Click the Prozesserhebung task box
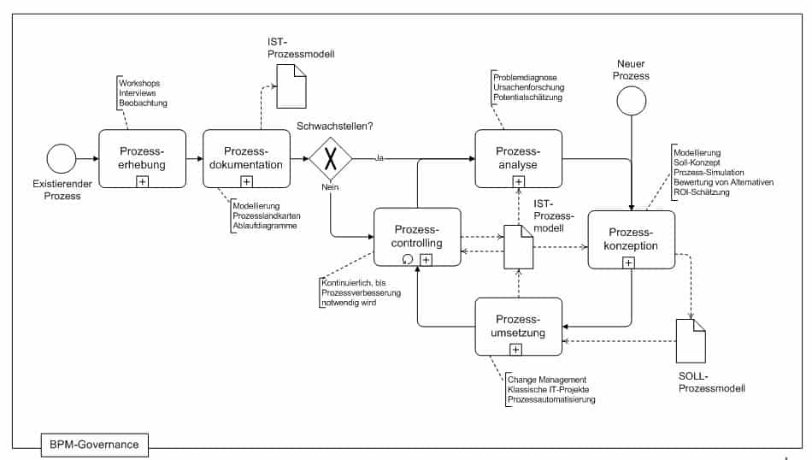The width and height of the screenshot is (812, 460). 142,158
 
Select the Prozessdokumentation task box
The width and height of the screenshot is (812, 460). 246,158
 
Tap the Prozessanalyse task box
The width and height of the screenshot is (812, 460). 518,158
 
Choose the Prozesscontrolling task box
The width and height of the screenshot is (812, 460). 417,237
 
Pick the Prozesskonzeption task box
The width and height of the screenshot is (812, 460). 632,239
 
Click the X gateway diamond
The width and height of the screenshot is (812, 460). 331,160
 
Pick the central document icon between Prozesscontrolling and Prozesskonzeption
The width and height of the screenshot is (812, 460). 518,246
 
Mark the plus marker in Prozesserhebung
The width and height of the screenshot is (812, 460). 142,180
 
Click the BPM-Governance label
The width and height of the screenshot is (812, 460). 96,443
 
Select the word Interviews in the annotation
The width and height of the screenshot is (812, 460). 138,93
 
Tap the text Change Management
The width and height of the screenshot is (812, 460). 547,380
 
